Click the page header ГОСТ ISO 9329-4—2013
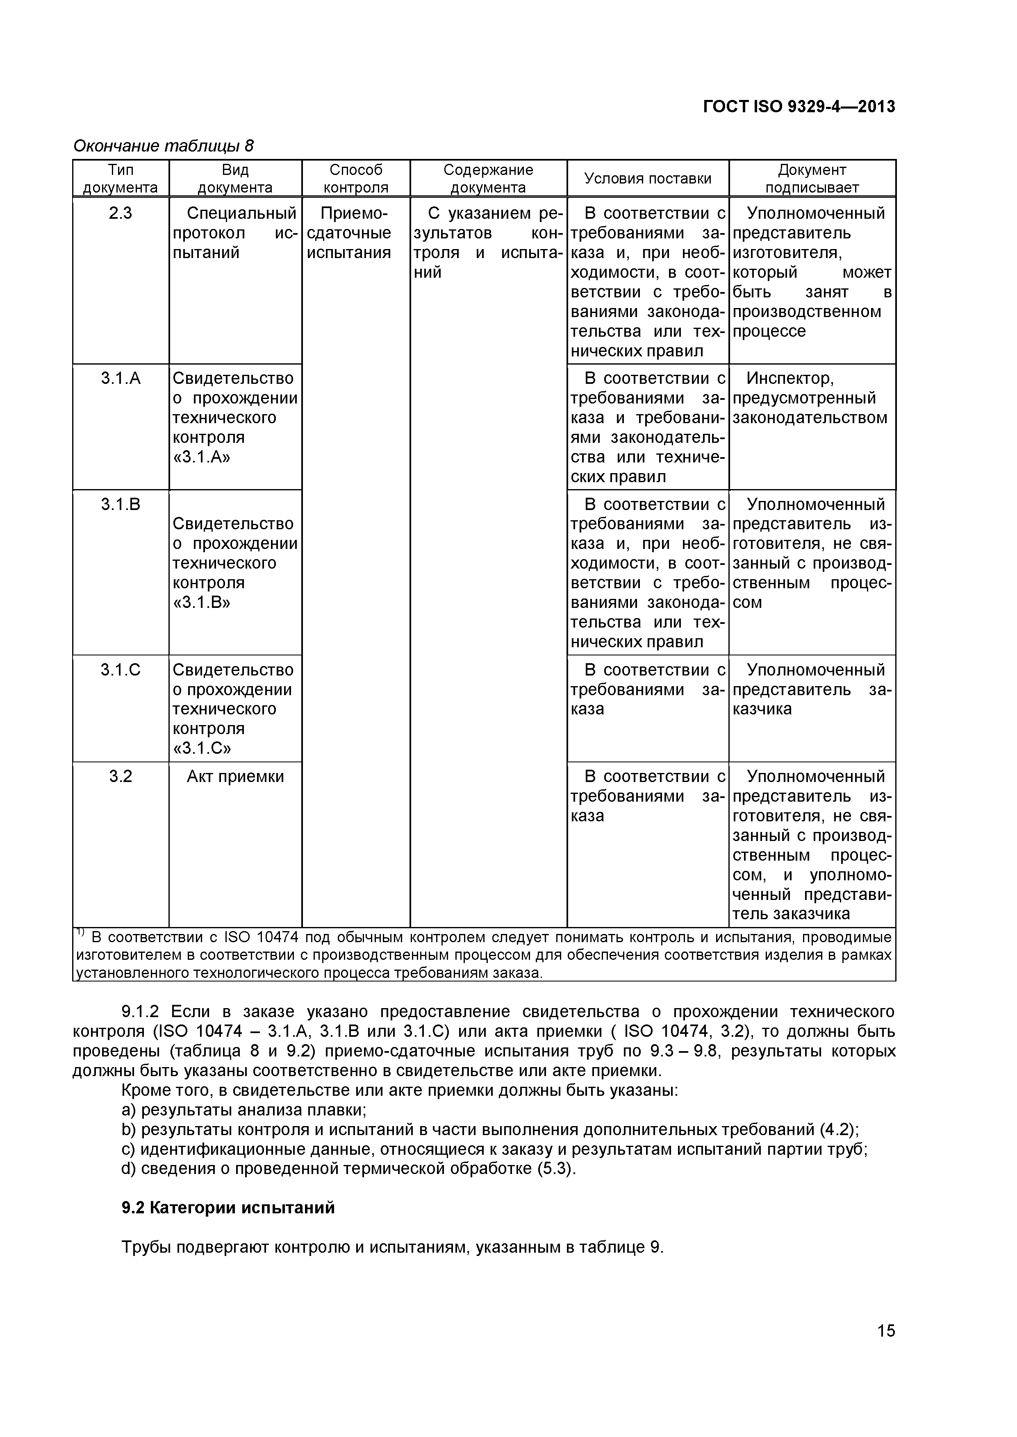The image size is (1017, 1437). pyautogui.click(x=799, y=107)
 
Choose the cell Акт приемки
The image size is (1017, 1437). pyautogui.click(x=235, y=777)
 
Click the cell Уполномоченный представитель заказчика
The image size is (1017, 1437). pyautogui.click(x=812, y=690)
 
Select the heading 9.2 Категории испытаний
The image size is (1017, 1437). pyautogui.click(x=228, y=1208)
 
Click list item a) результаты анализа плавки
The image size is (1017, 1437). pyautogui.click(x=243, y=1110)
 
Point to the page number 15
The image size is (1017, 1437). pyautogui.click(x=886, y=1348)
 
